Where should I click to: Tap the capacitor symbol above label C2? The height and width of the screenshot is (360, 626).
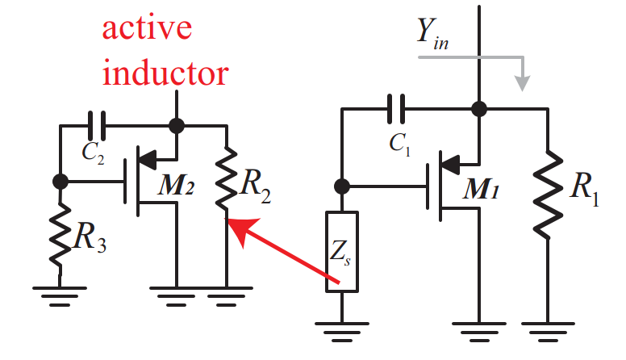96,126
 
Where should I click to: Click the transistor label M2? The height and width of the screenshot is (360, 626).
177,187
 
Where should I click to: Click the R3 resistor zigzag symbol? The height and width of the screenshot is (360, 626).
60,235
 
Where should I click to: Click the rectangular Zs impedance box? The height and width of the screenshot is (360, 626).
342,252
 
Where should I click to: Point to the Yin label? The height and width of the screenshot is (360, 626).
433,33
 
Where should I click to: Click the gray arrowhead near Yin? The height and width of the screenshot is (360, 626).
524,82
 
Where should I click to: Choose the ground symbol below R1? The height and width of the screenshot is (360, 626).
548,329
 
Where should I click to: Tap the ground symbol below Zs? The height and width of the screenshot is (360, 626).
342,329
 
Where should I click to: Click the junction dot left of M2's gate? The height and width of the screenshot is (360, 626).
60,181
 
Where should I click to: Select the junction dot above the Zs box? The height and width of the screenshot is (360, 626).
342,186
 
